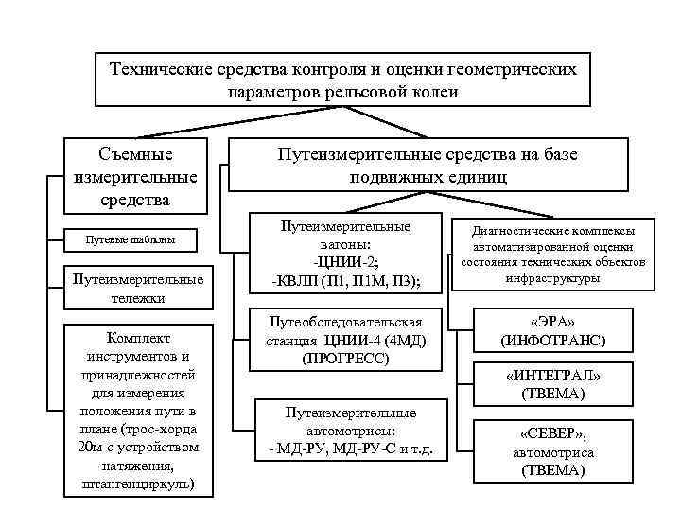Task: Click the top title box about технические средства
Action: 342,79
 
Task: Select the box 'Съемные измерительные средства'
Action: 134,176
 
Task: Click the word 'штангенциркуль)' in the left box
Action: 138,485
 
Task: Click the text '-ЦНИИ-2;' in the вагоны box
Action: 346,263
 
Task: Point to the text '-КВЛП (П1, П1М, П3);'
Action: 346,281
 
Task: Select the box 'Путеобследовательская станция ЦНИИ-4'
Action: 345,339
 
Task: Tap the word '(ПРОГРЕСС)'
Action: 345,359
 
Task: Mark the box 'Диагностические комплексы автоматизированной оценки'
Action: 553,254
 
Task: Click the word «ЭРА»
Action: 553,320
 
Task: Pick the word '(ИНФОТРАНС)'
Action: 553,338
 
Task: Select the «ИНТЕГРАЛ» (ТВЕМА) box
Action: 553,383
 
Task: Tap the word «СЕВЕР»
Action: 551,433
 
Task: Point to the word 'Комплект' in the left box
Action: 138,338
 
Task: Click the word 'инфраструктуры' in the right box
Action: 553,279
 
